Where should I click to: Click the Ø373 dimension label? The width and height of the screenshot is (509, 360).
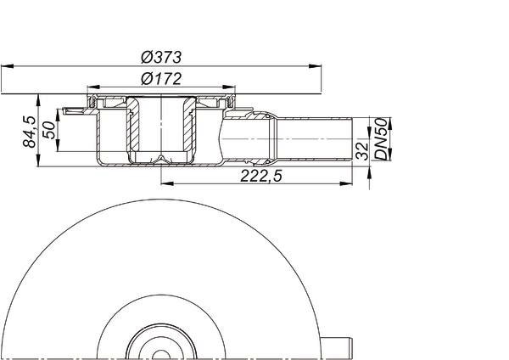coord(161,57)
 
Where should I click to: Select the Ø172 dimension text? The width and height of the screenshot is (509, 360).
coord(161,79)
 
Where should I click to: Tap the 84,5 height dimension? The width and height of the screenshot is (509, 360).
coord(30,132)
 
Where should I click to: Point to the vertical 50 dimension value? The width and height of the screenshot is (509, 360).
coord(49,130)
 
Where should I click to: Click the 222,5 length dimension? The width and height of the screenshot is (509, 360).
coord(261,176)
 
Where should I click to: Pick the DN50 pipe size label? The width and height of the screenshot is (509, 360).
coord(382,139)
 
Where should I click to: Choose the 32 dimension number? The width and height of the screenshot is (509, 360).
coord(362,151)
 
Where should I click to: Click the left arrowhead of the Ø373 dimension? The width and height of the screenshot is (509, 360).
coord(7,66)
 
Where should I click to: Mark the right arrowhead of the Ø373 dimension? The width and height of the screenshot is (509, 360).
coord(315,66)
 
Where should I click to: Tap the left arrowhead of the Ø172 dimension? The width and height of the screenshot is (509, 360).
coord(93,87)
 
